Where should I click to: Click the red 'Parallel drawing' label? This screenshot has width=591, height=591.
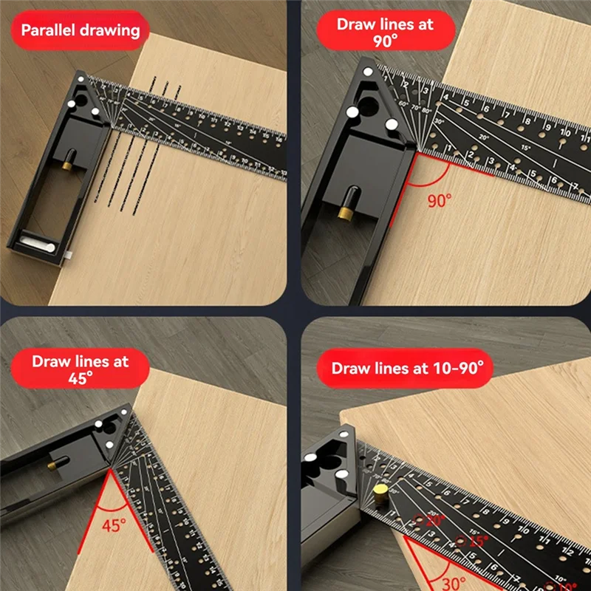tap(80, 31)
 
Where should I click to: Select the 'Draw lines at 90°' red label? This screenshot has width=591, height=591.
tap(385, 32)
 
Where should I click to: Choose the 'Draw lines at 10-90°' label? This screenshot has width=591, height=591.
tap(407, 368)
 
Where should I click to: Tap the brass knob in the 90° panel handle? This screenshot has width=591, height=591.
tap(344, 212)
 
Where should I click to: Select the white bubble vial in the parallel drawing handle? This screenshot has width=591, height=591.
tap(35, 240)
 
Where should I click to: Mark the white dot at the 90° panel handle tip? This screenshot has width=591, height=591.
tap(367, 72)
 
